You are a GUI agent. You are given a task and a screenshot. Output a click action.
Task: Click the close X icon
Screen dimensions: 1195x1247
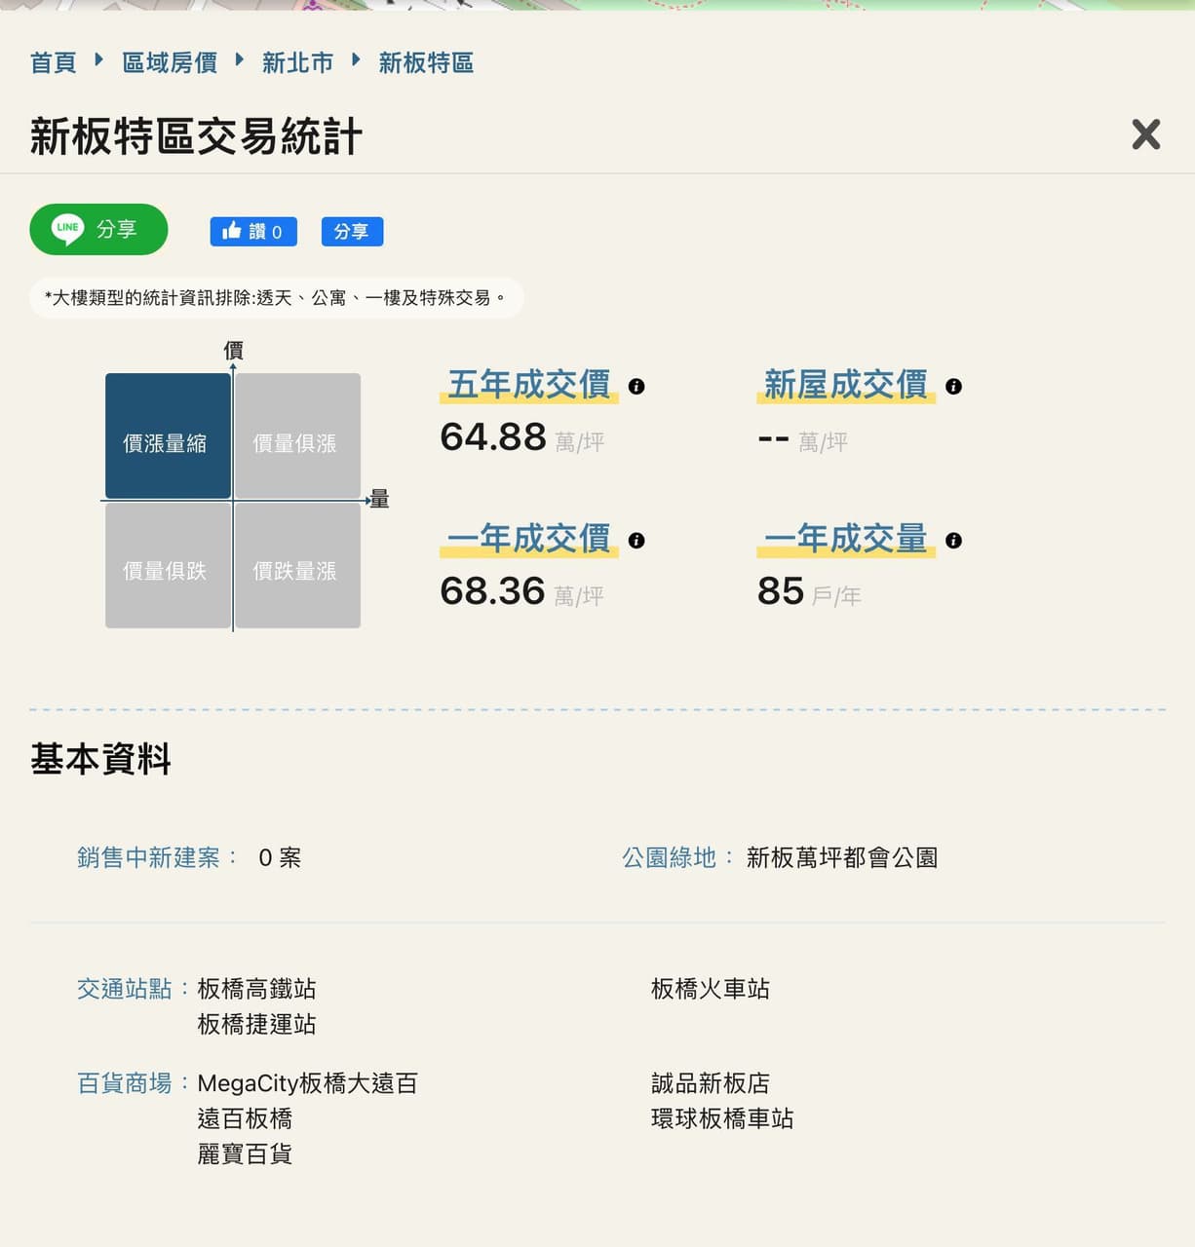pyautogui.click(x=1145, y=134)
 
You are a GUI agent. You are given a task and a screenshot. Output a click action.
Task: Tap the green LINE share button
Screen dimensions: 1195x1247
pyautogui.click(x=98, y=229)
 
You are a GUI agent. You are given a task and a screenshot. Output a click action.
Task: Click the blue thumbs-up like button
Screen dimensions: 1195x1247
pyautogui.click(x=253, y=231)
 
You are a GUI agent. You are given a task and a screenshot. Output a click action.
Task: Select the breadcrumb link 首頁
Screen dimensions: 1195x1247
pyautogui.click(x=54, y=62)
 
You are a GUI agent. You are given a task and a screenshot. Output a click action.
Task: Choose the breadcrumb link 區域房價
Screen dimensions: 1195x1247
pyautogui.click(x=170, y=62)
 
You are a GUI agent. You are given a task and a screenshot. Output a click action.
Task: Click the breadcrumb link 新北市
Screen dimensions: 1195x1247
pyautogui.click(x=297, y=62)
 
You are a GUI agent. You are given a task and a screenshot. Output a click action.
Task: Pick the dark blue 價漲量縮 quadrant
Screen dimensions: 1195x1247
pyautogui.click(x=168, y=435)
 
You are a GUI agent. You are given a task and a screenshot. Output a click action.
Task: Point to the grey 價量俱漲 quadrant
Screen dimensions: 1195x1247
pyautogui.click(x=297, y=435)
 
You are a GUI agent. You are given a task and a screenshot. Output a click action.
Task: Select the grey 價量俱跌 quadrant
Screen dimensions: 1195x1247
pyautogui.click(x=168, y=565)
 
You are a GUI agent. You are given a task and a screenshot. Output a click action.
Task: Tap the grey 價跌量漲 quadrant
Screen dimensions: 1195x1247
pyautogui.click(x=297, y=565)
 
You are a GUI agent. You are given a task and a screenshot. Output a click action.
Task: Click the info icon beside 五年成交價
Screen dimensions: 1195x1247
pyautogui.click(x=636, y=387)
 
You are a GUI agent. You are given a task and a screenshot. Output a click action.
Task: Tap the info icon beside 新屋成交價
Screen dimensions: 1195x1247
pyautogui.click(x=953, y=387)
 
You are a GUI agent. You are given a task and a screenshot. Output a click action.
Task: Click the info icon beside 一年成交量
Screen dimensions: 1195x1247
pyautogui.click(x=953, y=540)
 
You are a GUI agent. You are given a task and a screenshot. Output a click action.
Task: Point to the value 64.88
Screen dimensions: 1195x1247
pyautogui.click(x=493, y=437)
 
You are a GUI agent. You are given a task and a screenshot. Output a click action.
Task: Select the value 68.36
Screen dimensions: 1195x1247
pyautogui.click(x=492, y=590)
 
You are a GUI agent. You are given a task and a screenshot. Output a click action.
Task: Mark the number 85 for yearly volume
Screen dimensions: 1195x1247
pyautogui.click(x=780, y=590)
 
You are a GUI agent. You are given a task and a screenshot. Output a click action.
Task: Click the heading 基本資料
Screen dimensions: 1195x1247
pyautogui.click(x=100, y=759)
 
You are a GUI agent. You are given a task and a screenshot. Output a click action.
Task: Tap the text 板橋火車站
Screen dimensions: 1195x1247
pyautogui.click(x=711, y=989)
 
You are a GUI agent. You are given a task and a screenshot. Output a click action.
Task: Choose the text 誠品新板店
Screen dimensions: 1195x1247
pyautogui.click(x=711, y=1083)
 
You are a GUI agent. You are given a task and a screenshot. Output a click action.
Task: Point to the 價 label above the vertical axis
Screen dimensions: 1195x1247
pyautogui.click(x=233, y=351)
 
